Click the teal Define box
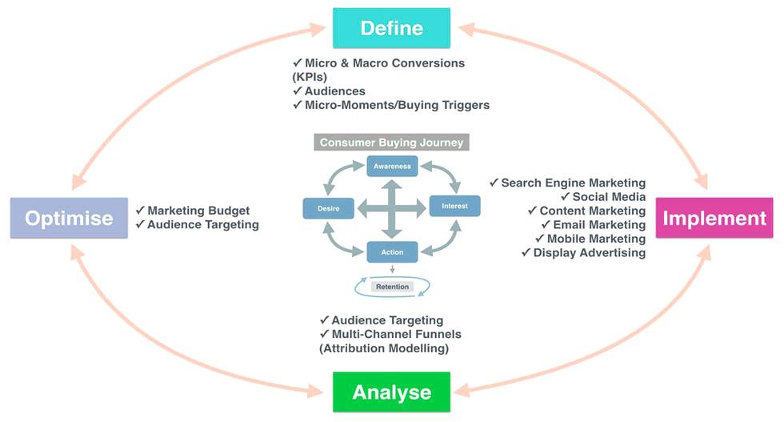click(x=391, y=28)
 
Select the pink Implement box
click(x=714, y=218)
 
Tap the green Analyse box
click(x=391, y=392)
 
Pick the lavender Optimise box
click(x=69, y=218)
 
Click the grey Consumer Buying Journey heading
click(x=391, y=143)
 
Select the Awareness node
click(x=392, y=167)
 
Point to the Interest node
click(x=454, y=207)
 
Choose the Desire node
click(x=328, y=207)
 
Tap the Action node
click(x=392, y=252)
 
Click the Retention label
click(x=392, y=287)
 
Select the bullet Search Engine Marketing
click(x=573, y=183)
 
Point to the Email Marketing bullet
click(x=598, y=225)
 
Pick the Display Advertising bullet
click(x=588, y=253)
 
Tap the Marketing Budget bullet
click(x=198, y=211)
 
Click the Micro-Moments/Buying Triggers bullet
click(x=396, y=105)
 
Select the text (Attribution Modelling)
click(x=384, y=348)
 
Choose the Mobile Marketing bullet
click(x=595, y=239)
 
